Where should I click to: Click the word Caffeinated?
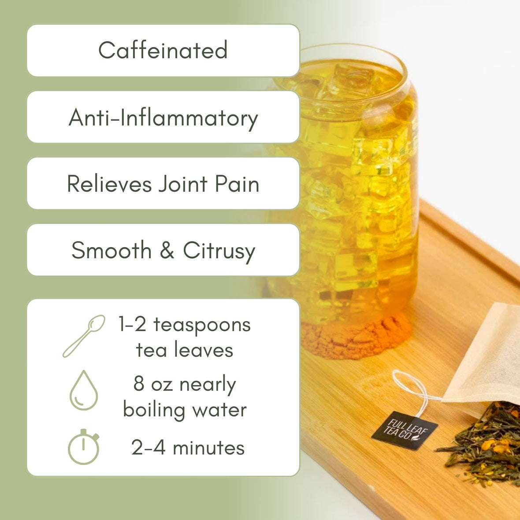[x=163, y=50]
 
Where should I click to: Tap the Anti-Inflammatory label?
[x=163, y=118]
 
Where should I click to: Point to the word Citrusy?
[x=219, y=251]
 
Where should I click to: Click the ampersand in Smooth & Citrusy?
[x=167, y=250]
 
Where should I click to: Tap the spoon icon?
[x=84, y=336]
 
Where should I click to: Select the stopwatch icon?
[x=83, y=447]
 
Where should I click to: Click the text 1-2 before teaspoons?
[x=132, y=325]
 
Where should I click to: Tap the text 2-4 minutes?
[x=188, y=448]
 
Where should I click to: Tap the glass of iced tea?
[x=348, y=185]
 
